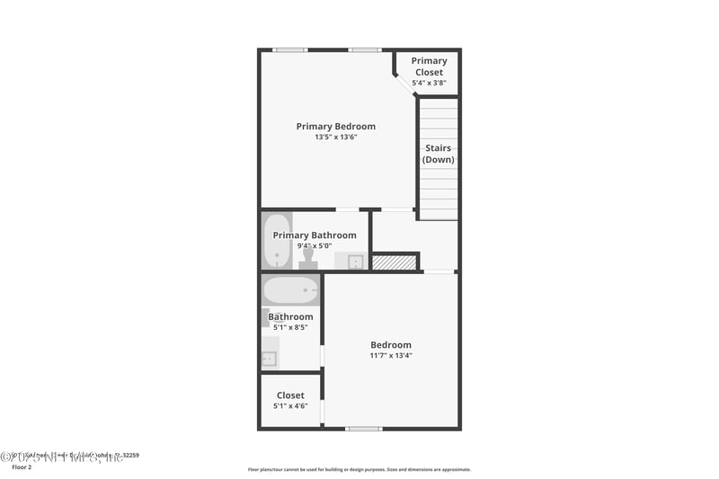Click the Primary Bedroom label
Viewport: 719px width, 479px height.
click(x=335, y=127)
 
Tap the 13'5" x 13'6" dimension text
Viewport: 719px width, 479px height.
click(x=335, y=137)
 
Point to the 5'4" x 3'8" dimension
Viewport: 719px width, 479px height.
click(x=429, y=83)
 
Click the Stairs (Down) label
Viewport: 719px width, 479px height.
click(x=439, y=154)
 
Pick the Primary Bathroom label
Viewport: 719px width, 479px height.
click(x=315, y=235)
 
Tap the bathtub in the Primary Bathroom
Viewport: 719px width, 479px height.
click(x=277, y=240)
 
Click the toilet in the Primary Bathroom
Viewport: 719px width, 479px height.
click(x=308, y=260)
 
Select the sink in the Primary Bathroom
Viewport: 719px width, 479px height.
click(x=355, y=262)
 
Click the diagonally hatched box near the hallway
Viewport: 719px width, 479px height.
click(x=395, y=262)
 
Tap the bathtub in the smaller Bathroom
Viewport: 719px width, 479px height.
click(x=290, y=290)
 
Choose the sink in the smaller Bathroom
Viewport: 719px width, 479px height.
click(x=269, y=359)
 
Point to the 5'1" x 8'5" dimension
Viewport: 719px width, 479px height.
click(x=290, y=328)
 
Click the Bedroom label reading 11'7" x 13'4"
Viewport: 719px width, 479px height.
click(x=391, y=345)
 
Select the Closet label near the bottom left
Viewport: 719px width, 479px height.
click(x=290, y=395)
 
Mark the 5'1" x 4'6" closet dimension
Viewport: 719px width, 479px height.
click(x=290, y=406)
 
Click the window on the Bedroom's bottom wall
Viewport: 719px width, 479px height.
click(x=364, y=429)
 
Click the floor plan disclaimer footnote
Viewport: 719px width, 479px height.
click(x=359, y=469)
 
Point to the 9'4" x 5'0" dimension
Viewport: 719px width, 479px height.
click(x=315, y=246)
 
